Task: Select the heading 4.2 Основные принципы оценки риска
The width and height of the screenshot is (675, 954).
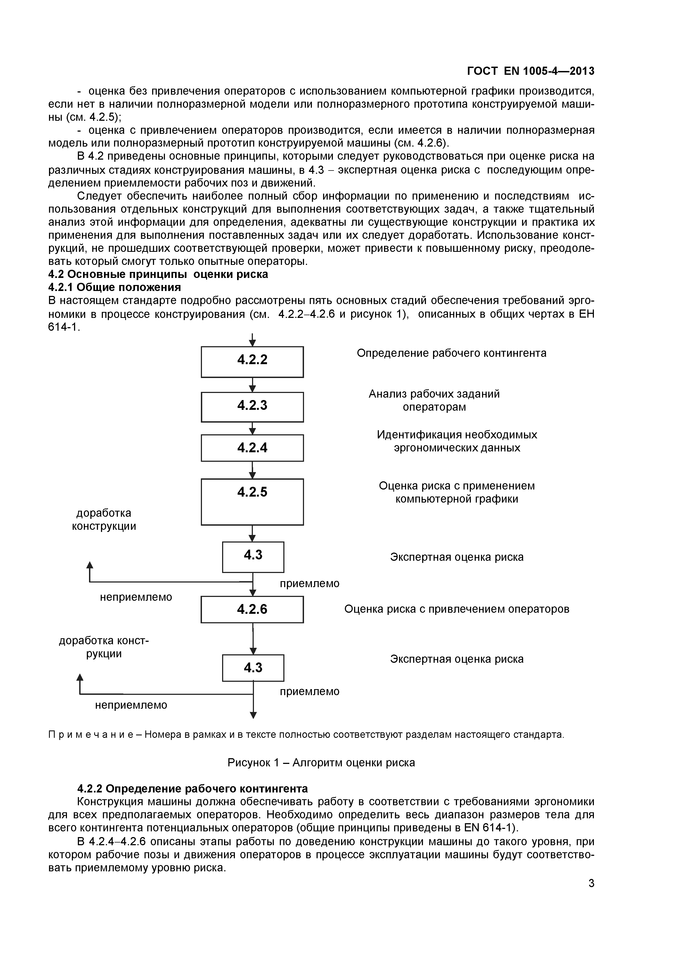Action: [x=158, y=274]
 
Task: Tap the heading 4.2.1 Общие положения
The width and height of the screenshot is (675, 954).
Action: [x=115, y=287]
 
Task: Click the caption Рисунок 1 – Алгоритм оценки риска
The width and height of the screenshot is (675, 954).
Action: [x=321, y=763]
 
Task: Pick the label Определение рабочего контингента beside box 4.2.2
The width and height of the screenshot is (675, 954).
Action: [x=451, y=353]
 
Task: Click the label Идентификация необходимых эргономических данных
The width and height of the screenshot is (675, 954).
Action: [x=457, y=441]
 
